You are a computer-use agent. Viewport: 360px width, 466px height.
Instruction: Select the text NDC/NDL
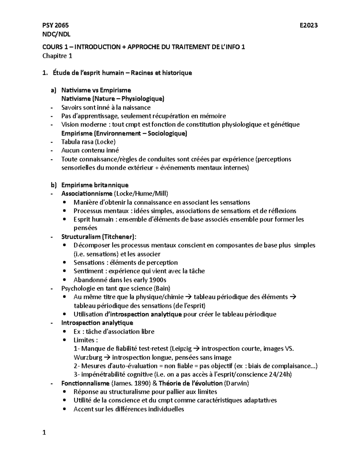point(56,34)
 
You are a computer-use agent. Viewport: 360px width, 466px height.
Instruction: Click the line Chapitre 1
point(57,56)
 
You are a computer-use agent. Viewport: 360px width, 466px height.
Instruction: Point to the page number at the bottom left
point(44,433)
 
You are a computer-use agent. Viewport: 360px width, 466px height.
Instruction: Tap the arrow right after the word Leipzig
point(197,349)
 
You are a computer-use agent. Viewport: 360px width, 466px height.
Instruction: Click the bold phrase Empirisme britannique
point(95,185)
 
